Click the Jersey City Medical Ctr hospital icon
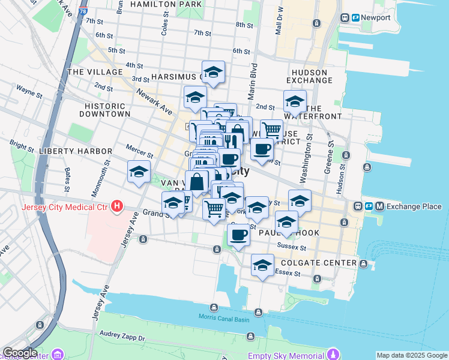118,208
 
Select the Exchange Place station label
414,206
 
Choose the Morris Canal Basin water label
224,318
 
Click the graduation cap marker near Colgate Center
262,266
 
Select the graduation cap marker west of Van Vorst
139,172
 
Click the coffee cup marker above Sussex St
238,235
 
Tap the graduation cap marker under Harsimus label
195,98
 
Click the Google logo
19,353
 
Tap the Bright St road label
22,145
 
